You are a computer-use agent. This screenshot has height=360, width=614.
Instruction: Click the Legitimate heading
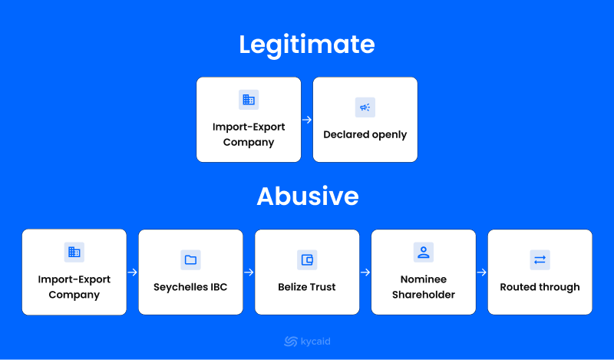coord(307,45)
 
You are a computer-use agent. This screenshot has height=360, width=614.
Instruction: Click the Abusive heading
coord(308,196)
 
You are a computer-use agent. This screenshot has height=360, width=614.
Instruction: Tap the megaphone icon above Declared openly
coord(365,107)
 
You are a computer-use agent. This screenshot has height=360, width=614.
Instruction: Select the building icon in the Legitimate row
coord(249,100)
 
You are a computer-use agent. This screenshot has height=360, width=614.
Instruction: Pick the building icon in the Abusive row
coord(74,252)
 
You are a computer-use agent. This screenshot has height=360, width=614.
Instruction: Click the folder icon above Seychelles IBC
coord(190,259)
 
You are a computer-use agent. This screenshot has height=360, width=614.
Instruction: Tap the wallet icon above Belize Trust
coord(307,259)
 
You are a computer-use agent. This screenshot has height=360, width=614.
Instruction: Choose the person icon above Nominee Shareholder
coord(424,252)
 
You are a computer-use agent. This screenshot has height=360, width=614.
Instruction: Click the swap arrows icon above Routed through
coord(540,259)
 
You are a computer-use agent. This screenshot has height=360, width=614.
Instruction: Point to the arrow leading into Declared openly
coord(307,120)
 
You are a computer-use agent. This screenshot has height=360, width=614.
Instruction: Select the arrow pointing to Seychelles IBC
coord(132,272)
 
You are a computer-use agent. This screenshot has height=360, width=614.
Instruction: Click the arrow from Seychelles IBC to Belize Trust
coord(249,272)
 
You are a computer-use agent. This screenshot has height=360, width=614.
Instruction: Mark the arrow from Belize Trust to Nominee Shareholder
coord(365,272)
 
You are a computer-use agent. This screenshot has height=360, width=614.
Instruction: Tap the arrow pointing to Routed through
coord(482,272)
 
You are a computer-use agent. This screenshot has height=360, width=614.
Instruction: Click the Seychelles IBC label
coord(190,287)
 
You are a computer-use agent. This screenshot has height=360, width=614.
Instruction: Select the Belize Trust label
coord(306,287)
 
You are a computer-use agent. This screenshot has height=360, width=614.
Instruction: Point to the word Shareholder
coord(424,295)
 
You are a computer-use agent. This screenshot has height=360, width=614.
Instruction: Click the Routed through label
coord(540,287)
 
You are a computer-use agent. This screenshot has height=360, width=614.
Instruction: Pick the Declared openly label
coord(365,135)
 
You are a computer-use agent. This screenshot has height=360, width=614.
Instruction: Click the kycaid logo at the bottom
coord(307,342)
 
